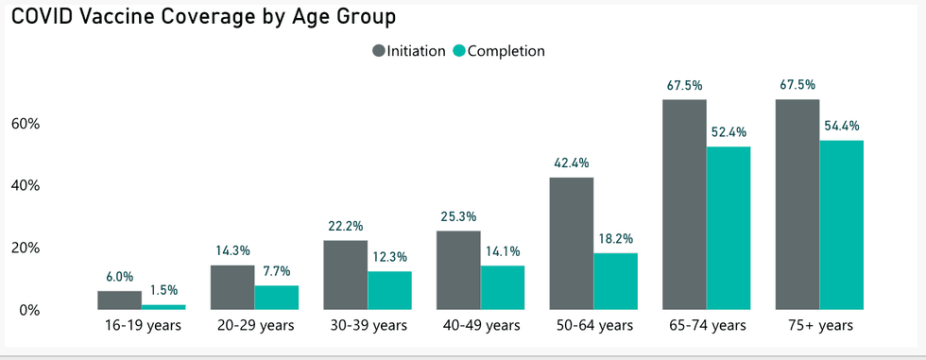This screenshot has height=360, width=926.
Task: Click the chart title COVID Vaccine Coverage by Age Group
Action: tap(203, 17)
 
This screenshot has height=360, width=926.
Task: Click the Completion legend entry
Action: tap(499, 51)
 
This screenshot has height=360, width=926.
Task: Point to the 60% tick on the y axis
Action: tap(25, 124)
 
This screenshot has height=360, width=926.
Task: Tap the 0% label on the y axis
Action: tap(29, 311)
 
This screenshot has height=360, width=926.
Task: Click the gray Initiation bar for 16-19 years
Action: tap(119, 300)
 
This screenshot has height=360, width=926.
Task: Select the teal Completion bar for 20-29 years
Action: tap(276, 298)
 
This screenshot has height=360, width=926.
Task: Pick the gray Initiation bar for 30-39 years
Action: tap(345, 275)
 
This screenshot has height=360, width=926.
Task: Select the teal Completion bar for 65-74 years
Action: tap(728, 228)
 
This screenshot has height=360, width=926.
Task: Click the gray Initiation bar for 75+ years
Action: tap(797, 204)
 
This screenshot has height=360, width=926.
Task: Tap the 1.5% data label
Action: tap(163, 291)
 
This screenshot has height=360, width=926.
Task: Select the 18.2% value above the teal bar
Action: tap(615, 239)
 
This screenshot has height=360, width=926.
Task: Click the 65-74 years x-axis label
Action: tap(705, 326)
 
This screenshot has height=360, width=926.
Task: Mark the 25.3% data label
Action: tap(458, 216)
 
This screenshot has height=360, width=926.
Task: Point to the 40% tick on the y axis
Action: tap(25, 186)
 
